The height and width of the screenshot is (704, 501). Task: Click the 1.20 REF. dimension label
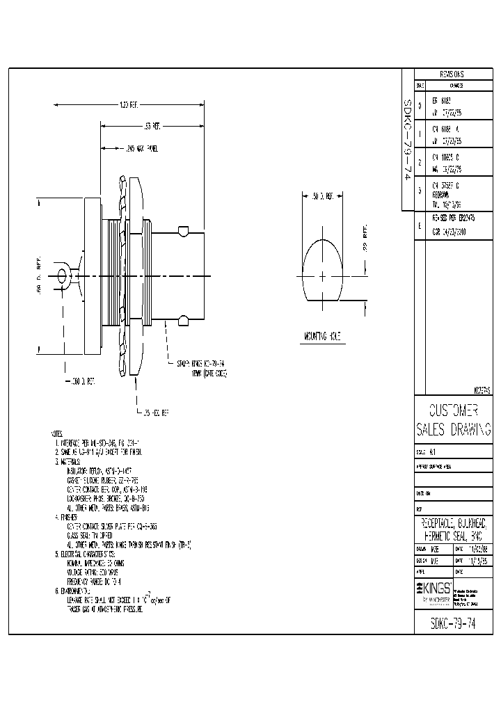(x=129, y=105)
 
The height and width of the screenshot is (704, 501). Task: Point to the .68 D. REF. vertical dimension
(x=40, y=276)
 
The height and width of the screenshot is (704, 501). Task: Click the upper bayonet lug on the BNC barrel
(x=183, y=230)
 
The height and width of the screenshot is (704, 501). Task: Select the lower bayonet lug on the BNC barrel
(x=183, y=319)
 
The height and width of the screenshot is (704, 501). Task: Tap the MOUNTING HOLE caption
(x=321, y=337)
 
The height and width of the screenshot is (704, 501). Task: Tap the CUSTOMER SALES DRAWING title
(x=453, y=419)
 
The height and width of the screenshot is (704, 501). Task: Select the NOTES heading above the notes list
(x=60, y=433)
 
